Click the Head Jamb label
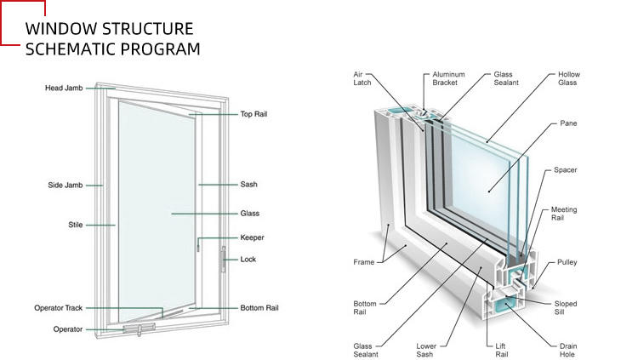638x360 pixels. click(64, 88)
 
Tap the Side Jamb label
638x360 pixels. click(66, 186)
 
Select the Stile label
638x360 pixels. click(75, 225)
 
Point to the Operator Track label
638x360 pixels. click(58, 308)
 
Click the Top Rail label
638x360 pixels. click(253, 114)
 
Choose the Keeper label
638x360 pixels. click(252, 237)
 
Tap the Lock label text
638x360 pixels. click(248, 260)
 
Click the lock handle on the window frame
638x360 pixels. click(223, 260)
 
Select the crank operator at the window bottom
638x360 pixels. click(140, 329)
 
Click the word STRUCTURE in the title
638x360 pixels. click(147, 29)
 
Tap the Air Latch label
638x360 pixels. click(362, 78)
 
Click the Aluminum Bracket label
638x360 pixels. click(448, 78)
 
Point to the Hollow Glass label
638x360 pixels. click(568, 78)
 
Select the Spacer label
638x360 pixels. click(565, 170)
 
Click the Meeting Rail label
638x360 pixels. click(563, 214)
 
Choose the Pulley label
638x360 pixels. click(567, 262)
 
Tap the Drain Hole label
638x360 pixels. click(568, 351)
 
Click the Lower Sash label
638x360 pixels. click(426, 351)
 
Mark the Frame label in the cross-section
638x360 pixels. click(364, 262)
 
